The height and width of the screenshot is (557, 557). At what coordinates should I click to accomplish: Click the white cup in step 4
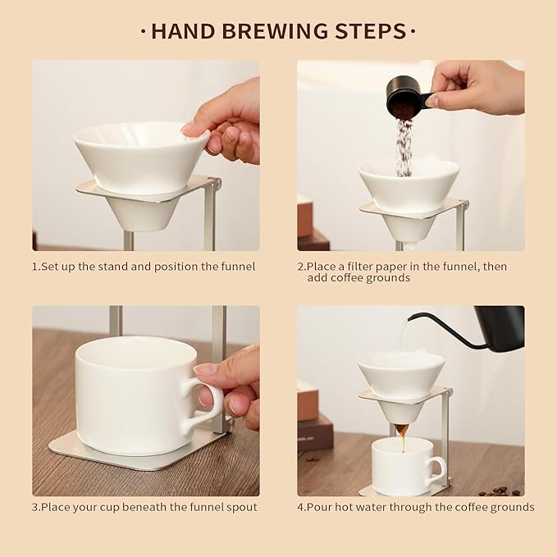[x=404, y=465]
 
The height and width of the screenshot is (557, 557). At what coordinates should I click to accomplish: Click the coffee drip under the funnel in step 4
[x=402, y=431]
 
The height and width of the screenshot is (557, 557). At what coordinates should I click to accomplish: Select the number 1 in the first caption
[x=35, y=266]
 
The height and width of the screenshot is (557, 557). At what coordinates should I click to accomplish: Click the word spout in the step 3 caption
[x=241, y=507]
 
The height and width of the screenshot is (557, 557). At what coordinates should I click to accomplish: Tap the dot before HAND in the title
[x=144, y=32]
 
